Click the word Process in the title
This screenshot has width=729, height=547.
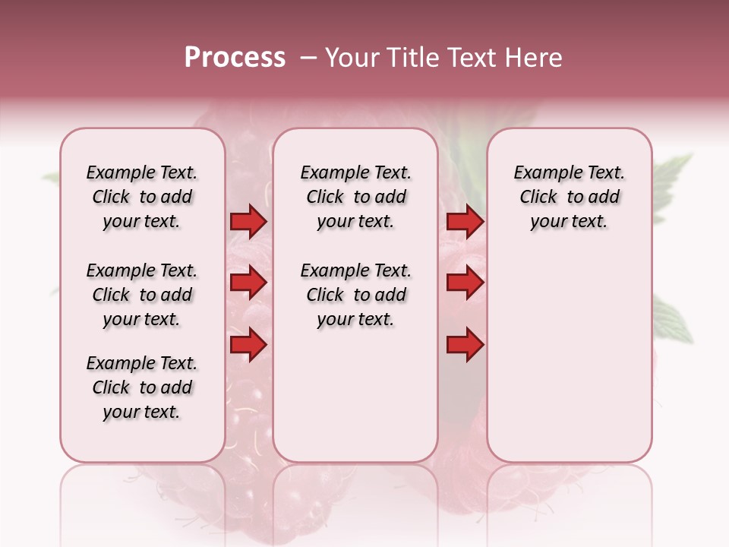235,58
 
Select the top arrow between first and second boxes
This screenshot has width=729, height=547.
248,222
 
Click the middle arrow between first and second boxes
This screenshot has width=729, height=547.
248,283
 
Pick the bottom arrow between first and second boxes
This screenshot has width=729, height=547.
248,344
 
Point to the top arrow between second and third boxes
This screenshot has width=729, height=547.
465,222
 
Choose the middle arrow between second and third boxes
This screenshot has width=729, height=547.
465,283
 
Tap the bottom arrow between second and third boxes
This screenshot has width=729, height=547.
465,344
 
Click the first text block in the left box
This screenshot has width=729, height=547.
142,197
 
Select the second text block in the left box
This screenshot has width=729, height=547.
142,295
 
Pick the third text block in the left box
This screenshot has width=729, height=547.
142,387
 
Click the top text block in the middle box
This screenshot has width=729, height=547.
355,197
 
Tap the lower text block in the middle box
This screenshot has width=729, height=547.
355,295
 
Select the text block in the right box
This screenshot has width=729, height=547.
569,197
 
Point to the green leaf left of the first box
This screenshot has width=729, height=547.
52,178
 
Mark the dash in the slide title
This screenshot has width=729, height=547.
308,58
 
